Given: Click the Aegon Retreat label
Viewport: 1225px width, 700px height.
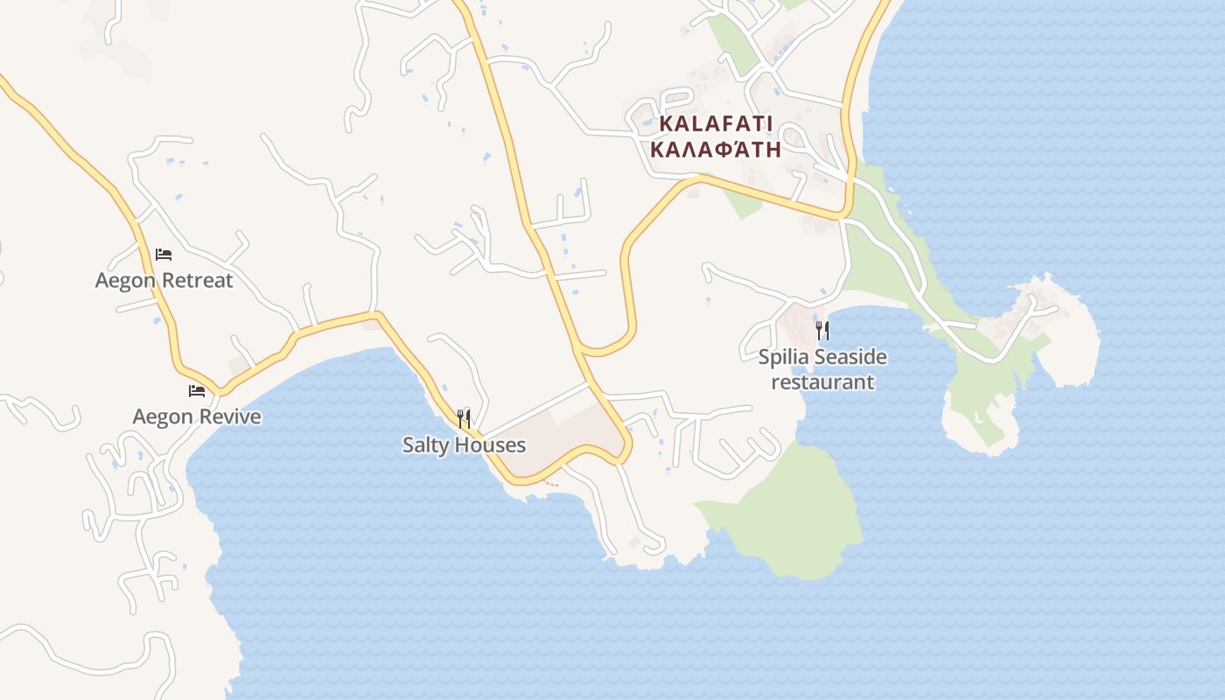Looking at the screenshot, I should pyautogui.click(x=164, y=280).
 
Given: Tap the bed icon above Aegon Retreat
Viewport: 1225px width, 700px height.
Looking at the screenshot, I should pyautogui.click(x=164, y=255).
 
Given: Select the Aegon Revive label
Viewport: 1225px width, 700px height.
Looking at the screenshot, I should pyautogui.click(x=197, y=416).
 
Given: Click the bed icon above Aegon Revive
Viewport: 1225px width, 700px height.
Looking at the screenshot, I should pyautogui.click(x=197, y=390).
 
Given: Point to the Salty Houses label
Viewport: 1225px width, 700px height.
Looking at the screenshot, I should pyautogui.click(x=464, y=444).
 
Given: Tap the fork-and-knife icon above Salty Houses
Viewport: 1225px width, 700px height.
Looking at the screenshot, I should pyautogui.click(x=464, y=418).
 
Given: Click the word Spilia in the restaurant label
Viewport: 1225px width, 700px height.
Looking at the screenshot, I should pyautogui.click(x=784, y=357).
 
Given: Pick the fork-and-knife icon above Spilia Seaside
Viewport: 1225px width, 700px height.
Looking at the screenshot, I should pyautogui.click(x=822, y=330).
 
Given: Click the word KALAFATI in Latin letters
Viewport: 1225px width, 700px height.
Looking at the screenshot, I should pyautogui.click(x=716, y=123).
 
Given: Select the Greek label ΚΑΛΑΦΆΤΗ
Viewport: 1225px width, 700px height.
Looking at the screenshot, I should pyautogui.click(x=716, y=148).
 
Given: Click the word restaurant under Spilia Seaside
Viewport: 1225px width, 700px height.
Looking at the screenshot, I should pyautogui.click(x=822, y=382).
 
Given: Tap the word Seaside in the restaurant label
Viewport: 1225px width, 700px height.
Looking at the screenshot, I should pyautogui.click(x=850, y=357).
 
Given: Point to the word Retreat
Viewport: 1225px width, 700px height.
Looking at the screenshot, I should pyautogui.click(x=202, y=280).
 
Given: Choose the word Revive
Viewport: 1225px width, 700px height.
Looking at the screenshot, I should pyautogui.click(x=229, y=416).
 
